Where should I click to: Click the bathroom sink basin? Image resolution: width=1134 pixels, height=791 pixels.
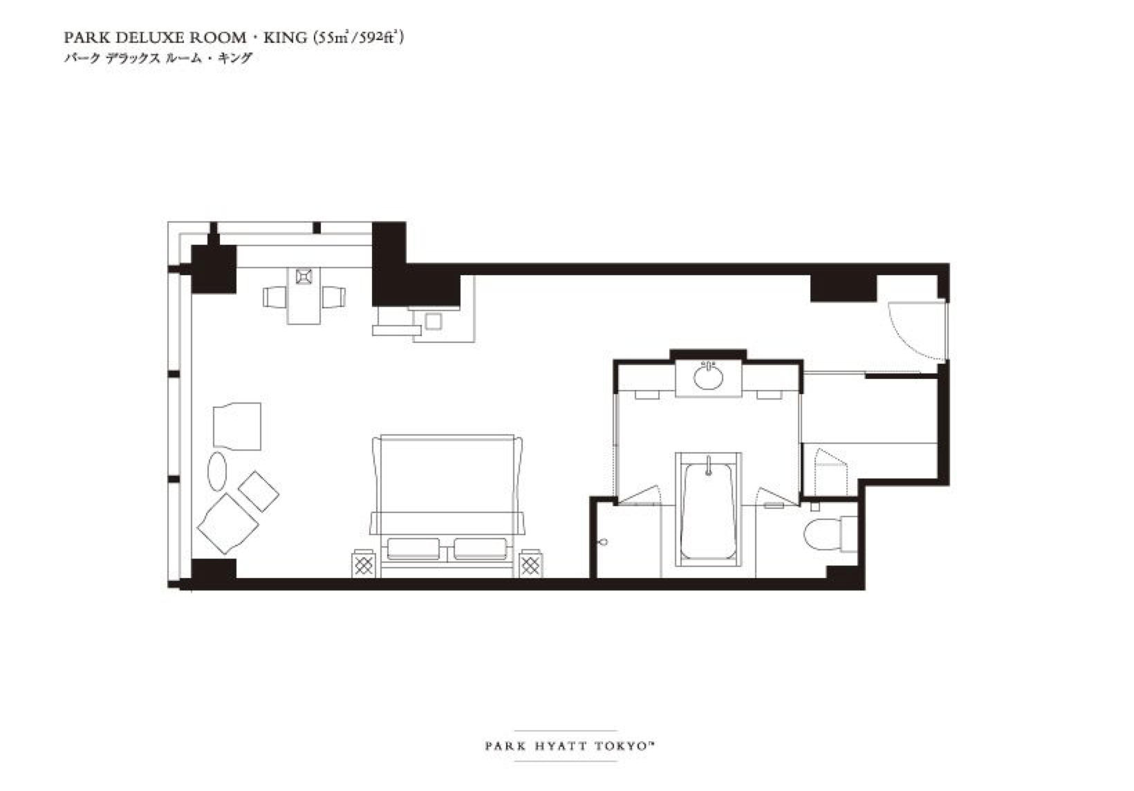click(x=708, y=377)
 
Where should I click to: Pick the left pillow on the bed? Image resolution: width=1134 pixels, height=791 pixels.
click(x=413, y=549)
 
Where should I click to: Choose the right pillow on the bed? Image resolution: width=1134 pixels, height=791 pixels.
click(x=481, y=549)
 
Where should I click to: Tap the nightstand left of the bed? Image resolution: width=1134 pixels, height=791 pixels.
click(x=364, y=564)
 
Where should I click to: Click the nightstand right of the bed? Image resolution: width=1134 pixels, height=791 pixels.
click(x=530, y=564)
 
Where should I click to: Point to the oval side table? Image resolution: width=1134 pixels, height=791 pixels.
click(x=217, y=471)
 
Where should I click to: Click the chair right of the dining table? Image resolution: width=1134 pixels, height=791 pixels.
click(x=333, y=297)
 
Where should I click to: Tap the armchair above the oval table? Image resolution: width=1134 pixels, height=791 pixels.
click(x=237, y=426)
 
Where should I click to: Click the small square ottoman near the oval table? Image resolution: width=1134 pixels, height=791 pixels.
click(x=258, y=492)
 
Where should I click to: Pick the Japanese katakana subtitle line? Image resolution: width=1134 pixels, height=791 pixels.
click(x=158, y=58)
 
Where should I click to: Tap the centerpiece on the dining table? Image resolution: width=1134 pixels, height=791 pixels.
click(x=304, y=277)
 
